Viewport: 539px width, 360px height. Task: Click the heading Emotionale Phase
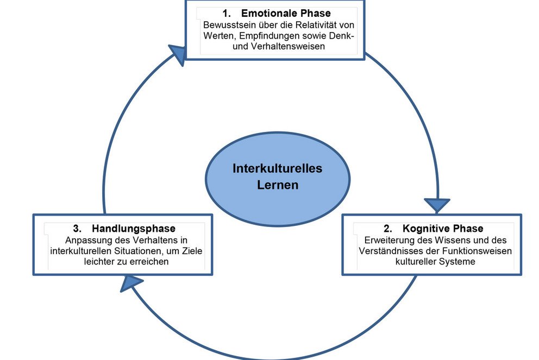pyautogui.click(x=286, y=13)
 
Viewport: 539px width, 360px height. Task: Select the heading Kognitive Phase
pyautogui.click(x=443, y=228)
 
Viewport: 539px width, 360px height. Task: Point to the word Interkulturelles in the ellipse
pyautogui.click(x=277, y=168)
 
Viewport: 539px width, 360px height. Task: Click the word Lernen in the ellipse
pyautogui.click(x=278, y=185)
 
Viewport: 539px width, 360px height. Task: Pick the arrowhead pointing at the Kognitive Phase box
pyautogui.click(x=437, y=205)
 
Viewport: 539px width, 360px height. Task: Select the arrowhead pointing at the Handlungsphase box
pyautogui.click(x=131, y=282)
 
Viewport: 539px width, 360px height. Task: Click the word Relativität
pyautogui.click(x=311, y=25)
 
